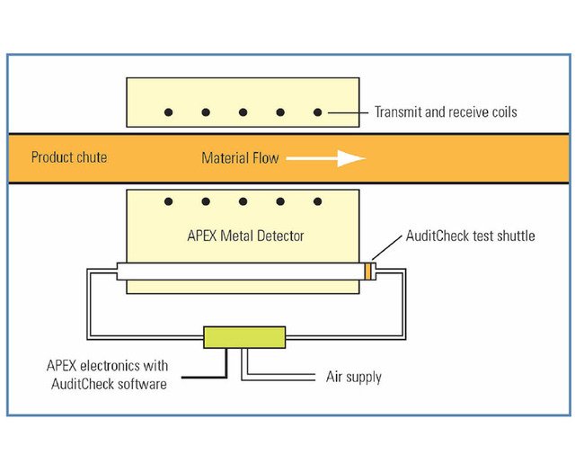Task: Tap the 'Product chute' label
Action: point(69,157)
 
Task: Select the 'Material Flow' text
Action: point(240,158)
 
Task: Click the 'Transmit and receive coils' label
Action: point(445,112)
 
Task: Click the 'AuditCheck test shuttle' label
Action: point(471,236)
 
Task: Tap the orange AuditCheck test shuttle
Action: point(368,271)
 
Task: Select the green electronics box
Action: point(244,337)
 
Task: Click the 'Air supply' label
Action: point(353,377)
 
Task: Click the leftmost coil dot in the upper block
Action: point(168,112)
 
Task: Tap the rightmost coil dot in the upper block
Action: point(317,112)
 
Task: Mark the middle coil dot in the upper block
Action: point(243,112)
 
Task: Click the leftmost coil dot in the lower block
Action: point(168,202)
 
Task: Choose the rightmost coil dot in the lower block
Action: point(317,202)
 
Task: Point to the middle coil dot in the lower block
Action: point(243,202)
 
